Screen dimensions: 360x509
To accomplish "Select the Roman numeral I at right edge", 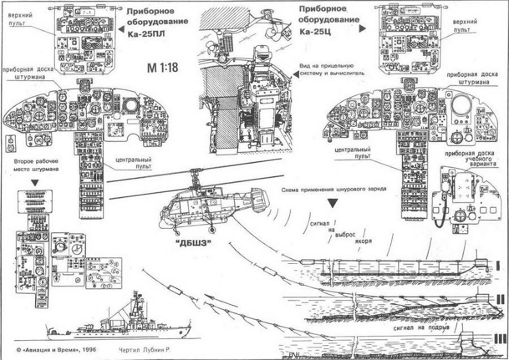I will point(497,264).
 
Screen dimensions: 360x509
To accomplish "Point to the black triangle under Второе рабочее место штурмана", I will point(35,183).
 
